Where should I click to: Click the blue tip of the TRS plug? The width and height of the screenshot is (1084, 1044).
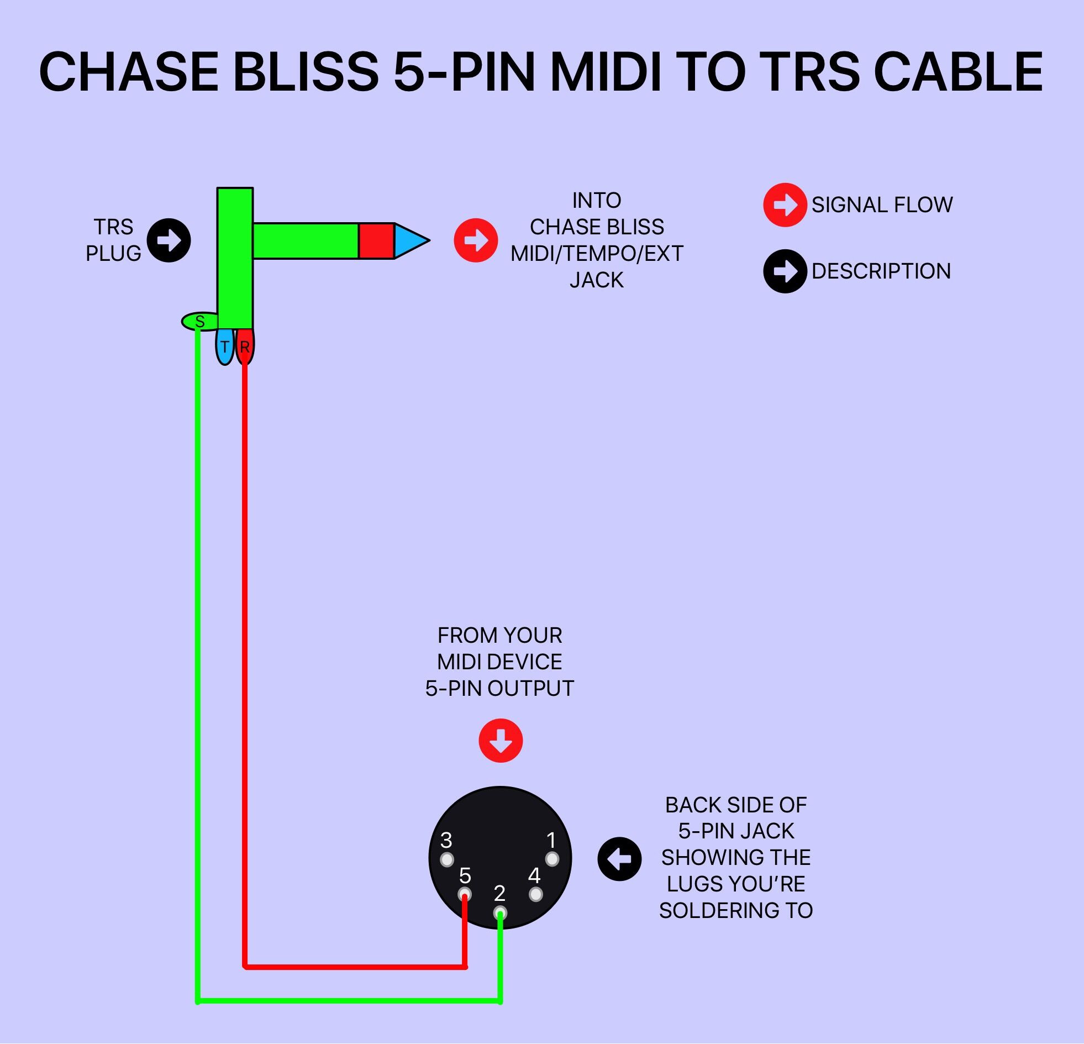[x=409, y=240]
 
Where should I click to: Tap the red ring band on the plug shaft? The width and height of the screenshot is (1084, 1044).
[x=376, y=240]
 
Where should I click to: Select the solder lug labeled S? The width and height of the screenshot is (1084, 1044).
[x=199, y=322]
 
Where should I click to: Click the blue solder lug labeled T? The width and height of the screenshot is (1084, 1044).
[x=224, y=347]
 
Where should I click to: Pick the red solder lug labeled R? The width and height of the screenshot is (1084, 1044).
[x=245, y=347]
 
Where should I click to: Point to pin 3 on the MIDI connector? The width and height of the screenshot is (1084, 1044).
[x=447, y=860]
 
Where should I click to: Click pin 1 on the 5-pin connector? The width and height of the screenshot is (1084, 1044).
[x=552, y=859]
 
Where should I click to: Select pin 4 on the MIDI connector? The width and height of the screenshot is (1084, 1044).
[x=535, y=895]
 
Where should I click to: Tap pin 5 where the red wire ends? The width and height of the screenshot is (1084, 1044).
[x=465, y=894]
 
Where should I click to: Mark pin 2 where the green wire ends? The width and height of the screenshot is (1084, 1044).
[x=500, y=912]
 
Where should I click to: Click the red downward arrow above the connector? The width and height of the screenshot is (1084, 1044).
[x=501, y=741]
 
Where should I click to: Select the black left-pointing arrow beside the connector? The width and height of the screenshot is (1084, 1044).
[x=619, y=859]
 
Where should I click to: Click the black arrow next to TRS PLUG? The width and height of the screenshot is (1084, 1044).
[x=169, y=240]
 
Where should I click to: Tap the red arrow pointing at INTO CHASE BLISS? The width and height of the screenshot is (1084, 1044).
[x=476, y=240]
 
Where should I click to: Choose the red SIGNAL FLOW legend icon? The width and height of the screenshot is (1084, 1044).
[x=785, y=204]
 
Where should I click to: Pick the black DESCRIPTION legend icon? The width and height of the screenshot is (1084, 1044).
[x=785, y=271]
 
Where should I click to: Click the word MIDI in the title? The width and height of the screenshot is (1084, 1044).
[x=606, y=72]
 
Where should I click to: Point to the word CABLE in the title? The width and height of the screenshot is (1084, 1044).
[x=958, y=72]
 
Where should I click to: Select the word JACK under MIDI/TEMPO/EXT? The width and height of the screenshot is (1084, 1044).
[x=597, y=280]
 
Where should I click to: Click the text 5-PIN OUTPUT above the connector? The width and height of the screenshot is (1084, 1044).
[x=499, y=688]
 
